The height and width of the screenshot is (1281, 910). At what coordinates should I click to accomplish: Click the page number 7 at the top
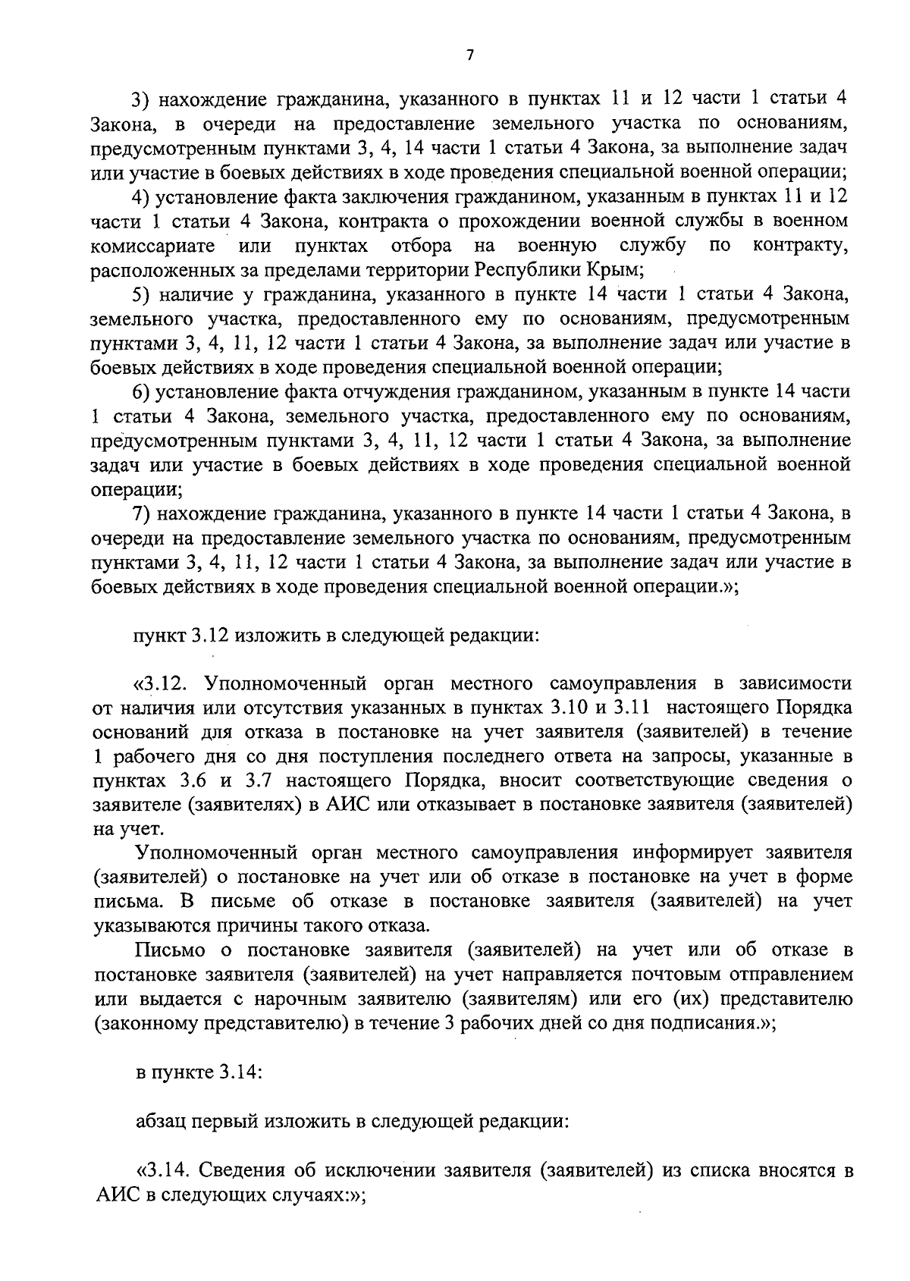pos(469,55)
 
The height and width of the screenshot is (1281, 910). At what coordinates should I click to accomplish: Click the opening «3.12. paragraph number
pos(159,683)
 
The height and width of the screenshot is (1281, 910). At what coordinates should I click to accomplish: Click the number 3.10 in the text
pos(561,708)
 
